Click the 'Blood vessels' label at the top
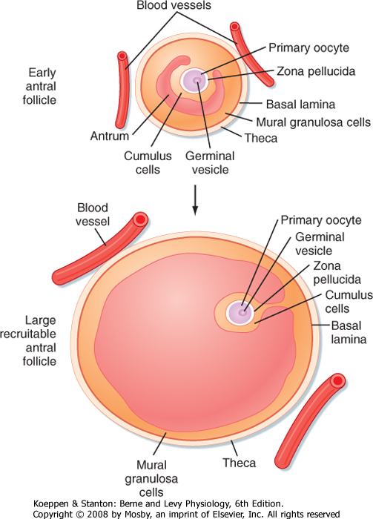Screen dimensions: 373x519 click(x=174, y=5)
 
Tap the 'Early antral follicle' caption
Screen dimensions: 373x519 click(x=39, y=86)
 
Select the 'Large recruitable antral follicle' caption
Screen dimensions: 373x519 click(x=28, y=340)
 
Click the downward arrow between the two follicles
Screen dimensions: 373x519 click(x=195, y=200)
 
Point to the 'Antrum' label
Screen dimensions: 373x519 click(x=110, y=136)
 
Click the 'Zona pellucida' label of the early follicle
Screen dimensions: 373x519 click(x=316, y=71)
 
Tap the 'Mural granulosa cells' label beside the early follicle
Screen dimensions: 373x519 click(x=314, y=122)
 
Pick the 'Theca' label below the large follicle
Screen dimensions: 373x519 click(x=239, y=463)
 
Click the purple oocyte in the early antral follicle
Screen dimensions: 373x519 click(x=194, y=80)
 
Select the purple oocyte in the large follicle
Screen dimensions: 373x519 click(x=240, y=312)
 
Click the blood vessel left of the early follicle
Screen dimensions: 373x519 click(x=122, y=90)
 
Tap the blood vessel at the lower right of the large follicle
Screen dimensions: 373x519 click(x=309, y=420)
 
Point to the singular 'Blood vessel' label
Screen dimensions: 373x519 click(x=93, y=214)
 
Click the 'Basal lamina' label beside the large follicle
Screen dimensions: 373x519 click(x=349, y=333)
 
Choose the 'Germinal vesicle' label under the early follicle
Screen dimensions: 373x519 click(x=210, y=162)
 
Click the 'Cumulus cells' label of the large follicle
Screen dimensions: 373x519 click(x=349, y=302)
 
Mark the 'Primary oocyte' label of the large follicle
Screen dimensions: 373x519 click(x=321, y=220)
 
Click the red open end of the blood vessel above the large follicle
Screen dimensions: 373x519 click(x=140, y=219)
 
